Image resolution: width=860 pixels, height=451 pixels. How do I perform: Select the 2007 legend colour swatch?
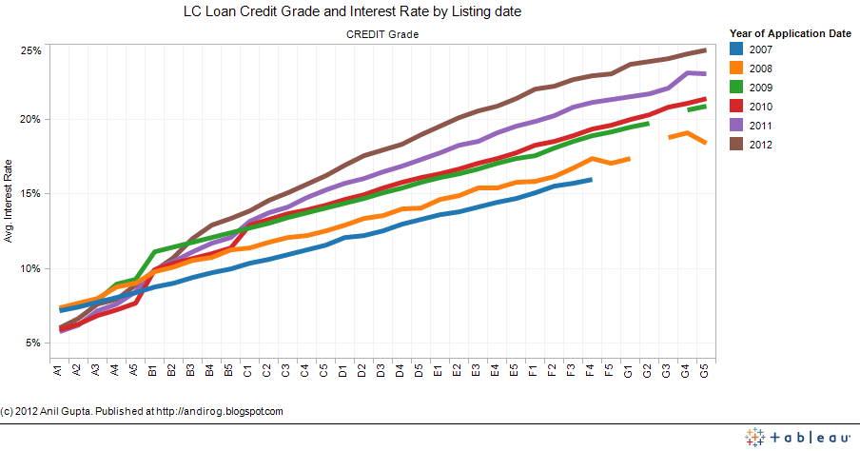coord(735,49)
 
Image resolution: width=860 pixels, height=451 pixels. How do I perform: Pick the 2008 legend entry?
coord(759,69)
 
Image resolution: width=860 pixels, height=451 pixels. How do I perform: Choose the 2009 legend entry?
coord(759,88)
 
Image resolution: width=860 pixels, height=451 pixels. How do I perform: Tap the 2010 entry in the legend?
coord(759,107)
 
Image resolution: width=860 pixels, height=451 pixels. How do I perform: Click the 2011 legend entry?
coord(759,126)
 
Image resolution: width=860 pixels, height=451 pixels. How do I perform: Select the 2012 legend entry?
coord(759,145)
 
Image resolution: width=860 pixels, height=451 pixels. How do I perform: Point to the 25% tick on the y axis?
coord(31,50)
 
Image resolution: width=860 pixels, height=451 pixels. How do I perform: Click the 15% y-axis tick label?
coord(31,194)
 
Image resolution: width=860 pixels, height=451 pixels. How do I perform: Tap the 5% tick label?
coord(34,343)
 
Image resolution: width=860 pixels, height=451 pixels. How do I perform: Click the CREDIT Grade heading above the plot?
coord(381,34)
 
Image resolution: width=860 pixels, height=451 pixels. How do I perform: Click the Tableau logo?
coord(797,437)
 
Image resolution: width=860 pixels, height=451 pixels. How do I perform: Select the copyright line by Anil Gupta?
coord(143,411)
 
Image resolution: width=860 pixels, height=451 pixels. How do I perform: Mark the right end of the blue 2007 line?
coord(591,179)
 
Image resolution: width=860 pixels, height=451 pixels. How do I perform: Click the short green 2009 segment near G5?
coord(696,108)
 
